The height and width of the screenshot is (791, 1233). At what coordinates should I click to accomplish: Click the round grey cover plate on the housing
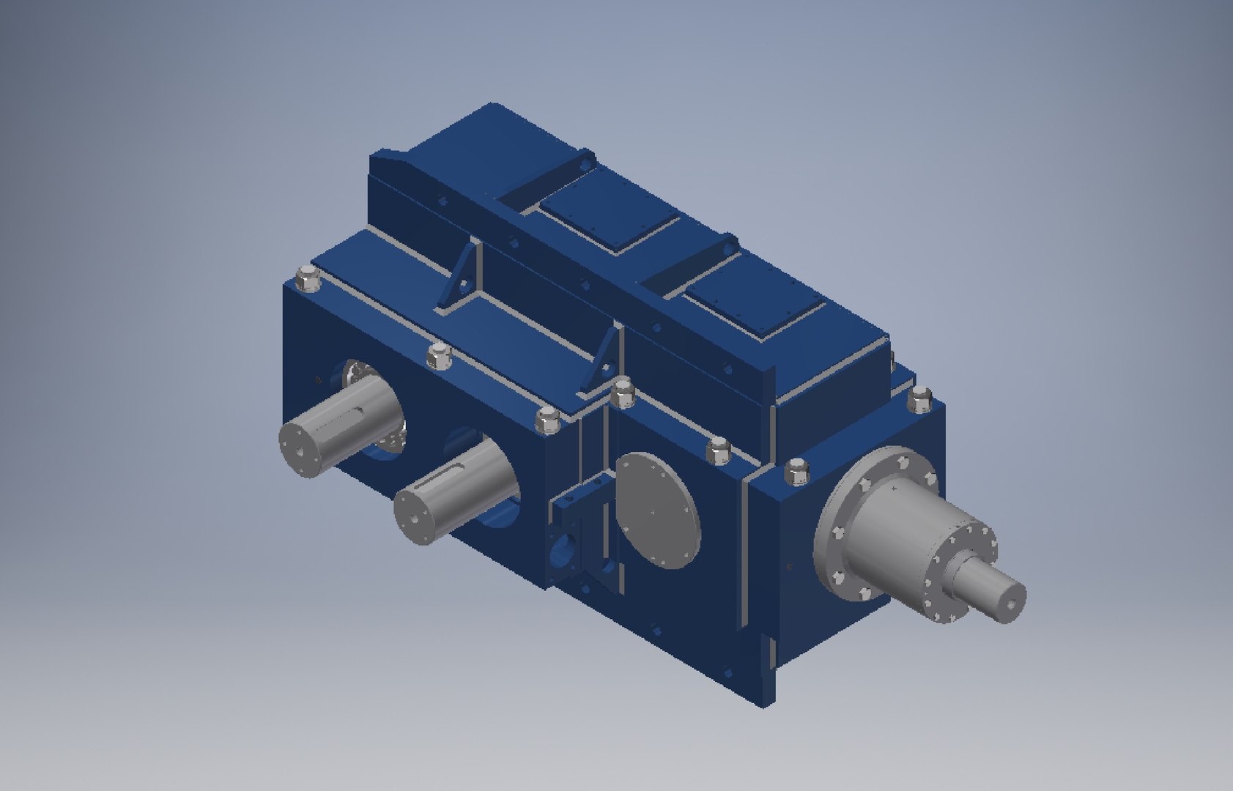(657, 510)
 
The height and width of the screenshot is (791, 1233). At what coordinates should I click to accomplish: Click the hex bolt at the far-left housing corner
(308, 279)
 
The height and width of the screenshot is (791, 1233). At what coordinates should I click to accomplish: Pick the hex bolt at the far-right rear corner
(919, 399)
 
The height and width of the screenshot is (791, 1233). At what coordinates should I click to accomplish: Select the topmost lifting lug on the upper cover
(584, 163)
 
